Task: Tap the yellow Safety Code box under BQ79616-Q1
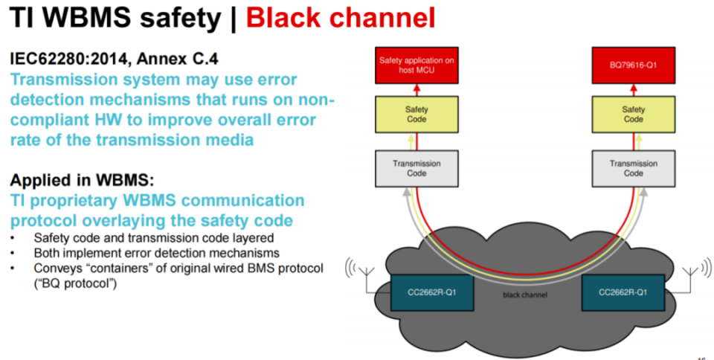[633, 114]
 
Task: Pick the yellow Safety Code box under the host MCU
[416, 114]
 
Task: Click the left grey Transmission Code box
[416, 168]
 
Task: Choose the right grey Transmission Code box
[633, 168]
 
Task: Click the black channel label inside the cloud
[525, 295]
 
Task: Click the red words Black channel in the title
[341, 17]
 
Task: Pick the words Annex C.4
[176, 57]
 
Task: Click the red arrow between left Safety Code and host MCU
[416, 89]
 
